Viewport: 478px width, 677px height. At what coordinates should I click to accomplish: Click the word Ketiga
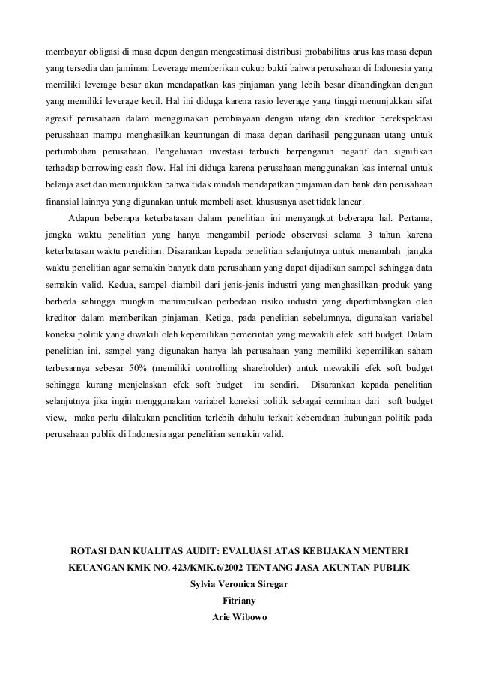[182, 316]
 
